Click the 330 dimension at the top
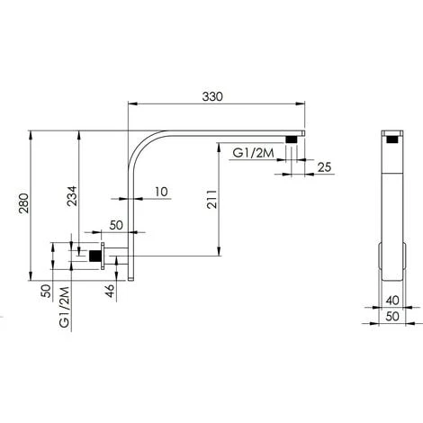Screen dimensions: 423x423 [211, 96]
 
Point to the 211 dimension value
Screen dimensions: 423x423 [211, 196]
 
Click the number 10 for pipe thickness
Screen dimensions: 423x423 [161, 192]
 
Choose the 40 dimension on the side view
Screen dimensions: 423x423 [391, 302]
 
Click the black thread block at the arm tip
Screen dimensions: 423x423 [292, 139]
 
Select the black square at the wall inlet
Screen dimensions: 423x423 [94, 256]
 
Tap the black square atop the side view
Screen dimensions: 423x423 [391, 139]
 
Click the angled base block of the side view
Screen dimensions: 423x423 [391, 260]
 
